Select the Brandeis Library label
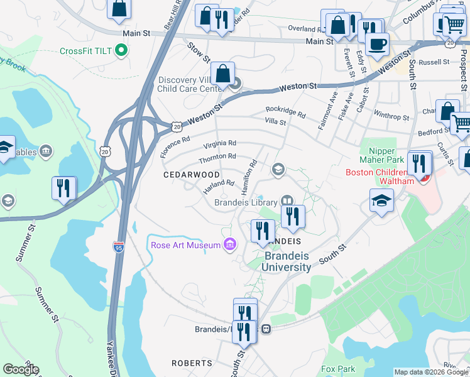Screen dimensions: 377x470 pos(246,202)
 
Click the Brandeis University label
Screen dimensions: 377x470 pos(287,262)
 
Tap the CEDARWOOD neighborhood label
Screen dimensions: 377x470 pos(192,174)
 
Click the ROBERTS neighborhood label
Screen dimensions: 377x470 pos(192,363)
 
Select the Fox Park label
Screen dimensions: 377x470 pos(338,369)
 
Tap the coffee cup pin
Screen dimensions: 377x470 pos(377,44)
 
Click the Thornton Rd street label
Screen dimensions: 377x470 pos(217,156)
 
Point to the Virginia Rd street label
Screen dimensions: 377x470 pos(219,143)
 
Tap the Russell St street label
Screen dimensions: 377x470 pos(434,62)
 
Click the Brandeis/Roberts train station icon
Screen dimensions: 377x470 pos(266,329)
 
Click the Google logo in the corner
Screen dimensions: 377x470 pos(21,369)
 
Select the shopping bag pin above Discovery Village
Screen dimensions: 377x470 pos(222,74)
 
